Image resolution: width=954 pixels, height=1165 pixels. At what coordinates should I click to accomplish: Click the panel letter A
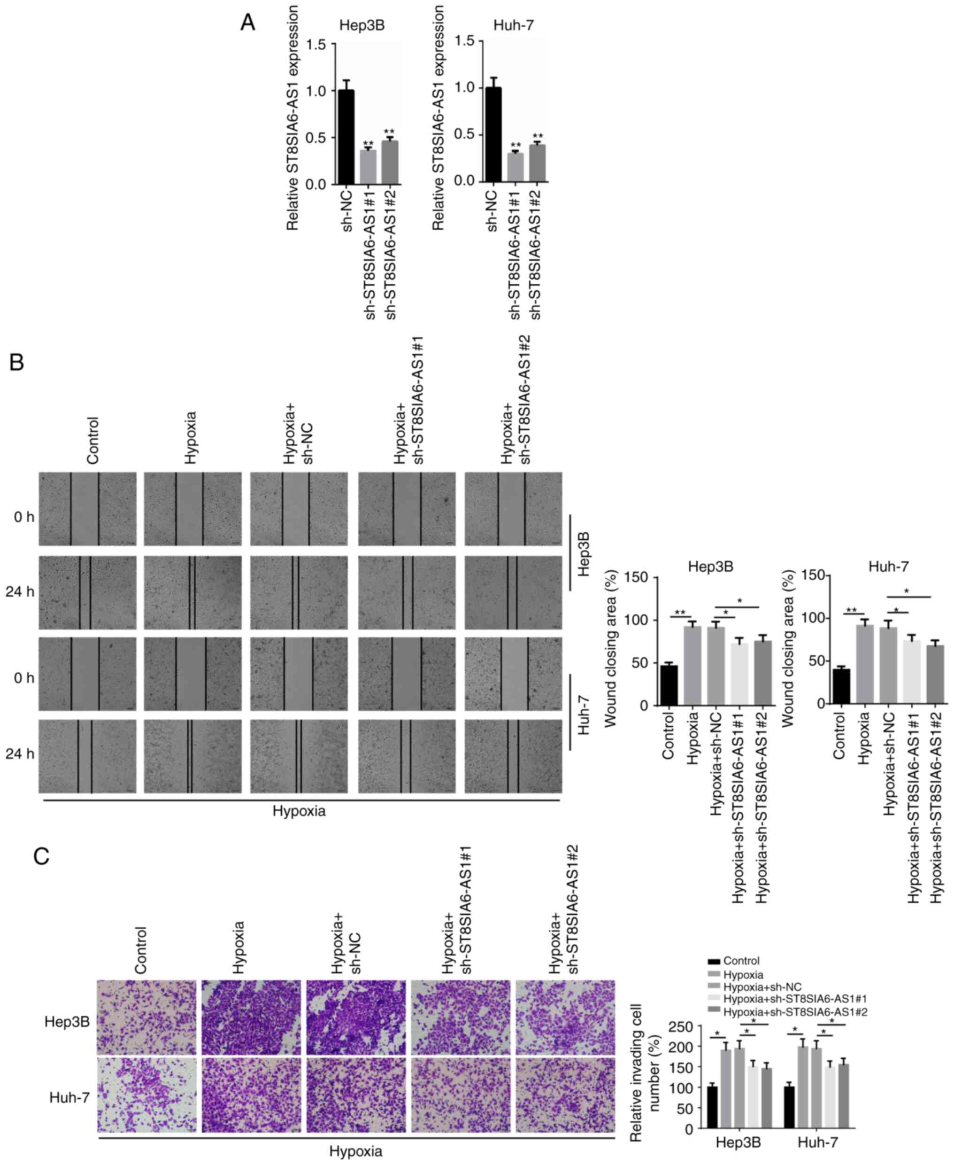(x=248, y=23)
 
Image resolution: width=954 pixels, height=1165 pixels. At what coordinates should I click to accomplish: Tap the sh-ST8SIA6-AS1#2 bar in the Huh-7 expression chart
(x=537, y=163)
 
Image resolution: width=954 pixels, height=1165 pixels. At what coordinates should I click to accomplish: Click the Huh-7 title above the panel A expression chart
(x=513, y=26)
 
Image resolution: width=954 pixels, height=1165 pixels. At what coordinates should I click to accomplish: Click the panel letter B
(x=17, y=362)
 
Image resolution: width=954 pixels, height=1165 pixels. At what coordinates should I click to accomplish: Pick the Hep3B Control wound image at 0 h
(x=87, y=509)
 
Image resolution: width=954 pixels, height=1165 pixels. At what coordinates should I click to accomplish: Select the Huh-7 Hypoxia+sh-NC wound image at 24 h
(x=299, y=756)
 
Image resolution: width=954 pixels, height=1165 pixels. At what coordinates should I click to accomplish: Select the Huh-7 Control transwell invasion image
(x=147, y=1098)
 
